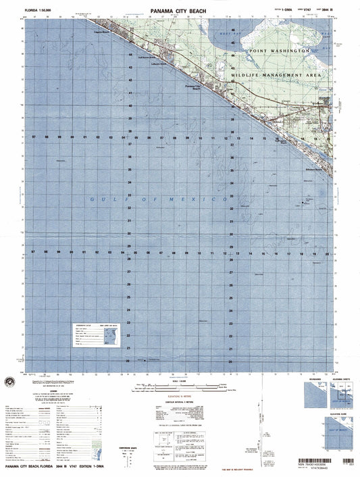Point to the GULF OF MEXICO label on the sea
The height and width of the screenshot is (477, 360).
pos(159,200)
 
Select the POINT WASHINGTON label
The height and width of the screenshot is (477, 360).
pos(278,51)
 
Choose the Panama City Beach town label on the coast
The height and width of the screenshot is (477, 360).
pos(195,88)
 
